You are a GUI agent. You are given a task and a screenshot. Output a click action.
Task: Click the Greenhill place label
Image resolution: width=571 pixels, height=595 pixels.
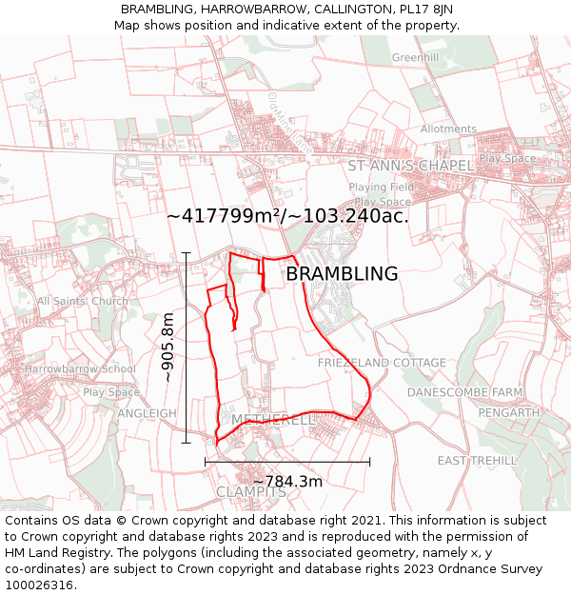pos(416,58)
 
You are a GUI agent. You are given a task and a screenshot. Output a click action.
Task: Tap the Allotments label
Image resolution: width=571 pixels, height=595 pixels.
pos(448,129)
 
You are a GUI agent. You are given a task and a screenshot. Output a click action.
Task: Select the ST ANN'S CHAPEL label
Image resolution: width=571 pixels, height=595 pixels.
pos(410,166)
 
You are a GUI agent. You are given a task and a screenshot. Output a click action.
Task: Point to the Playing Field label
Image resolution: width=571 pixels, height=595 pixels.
pos(381,188)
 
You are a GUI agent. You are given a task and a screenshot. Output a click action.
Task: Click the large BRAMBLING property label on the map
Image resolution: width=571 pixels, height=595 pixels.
pos(342,274)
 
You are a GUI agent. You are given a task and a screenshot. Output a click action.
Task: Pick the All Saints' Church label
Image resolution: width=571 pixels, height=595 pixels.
pos(83,302)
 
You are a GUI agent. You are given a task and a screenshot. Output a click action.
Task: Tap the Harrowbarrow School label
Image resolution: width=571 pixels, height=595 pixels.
pos(81,369)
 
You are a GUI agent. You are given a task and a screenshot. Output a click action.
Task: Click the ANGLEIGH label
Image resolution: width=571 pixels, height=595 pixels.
pos(148,413)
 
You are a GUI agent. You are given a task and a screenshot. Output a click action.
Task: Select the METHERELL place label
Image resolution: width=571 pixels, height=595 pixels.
pos(273,420)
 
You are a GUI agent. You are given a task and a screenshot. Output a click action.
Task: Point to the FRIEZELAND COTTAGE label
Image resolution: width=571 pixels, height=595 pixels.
pos(382,363)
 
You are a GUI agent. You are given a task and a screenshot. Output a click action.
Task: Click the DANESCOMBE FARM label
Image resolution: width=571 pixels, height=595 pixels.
pos(465,392)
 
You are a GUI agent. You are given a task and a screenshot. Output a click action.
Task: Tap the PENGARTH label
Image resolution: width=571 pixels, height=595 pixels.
pos(509,413)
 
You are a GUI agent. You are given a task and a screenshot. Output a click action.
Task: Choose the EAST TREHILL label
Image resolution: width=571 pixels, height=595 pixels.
pos(478,461)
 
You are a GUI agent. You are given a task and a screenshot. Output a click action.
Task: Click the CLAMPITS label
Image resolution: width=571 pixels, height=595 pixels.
pos(251,492)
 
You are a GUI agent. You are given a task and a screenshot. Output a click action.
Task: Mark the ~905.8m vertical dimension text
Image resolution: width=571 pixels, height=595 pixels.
pos(168,347)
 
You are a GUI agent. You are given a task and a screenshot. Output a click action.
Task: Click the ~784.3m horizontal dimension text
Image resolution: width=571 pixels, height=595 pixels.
pos(287,482)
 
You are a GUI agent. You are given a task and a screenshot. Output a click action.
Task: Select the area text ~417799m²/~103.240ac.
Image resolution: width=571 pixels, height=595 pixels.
pos(287,216)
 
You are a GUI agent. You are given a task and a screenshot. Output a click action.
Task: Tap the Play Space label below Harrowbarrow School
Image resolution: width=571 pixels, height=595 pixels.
pos(111,392)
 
